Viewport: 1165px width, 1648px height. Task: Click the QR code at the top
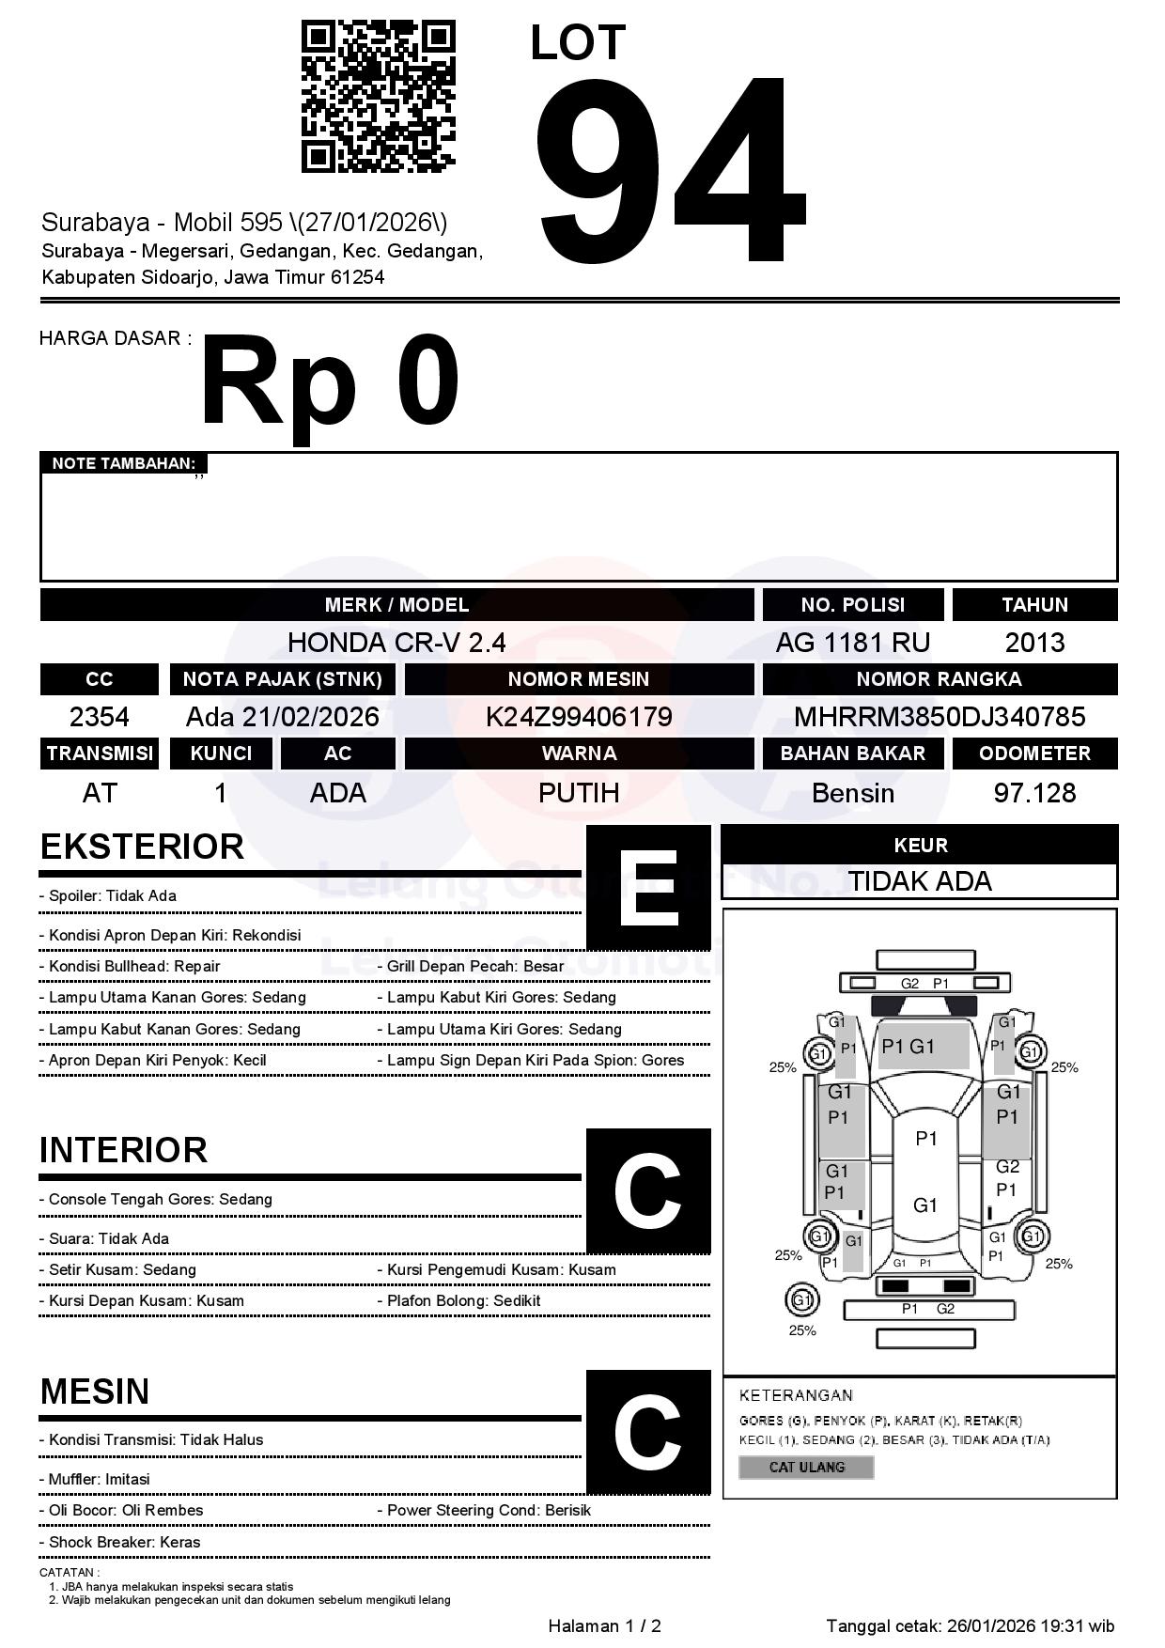click(378, 97)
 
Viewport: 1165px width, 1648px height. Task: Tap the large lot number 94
click(669, 169)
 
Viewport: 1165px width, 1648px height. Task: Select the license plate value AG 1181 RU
click(852, 643)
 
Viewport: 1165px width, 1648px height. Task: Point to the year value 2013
click(1034, 643)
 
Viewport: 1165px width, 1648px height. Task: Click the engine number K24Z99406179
click(579, 717)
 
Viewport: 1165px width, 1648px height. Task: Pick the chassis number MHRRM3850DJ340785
click(940, 717)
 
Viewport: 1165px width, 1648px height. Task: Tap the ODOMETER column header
click(1034, 754)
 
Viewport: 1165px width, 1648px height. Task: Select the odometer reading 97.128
click(1034, 793)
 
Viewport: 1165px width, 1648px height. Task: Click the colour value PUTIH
click(579, 793)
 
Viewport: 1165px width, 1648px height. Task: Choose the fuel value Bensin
click(852, 793)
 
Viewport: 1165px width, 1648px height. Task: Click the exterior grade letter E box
click(648, 888)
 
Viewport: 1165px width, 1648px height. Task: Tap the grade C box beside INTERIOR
click(648, 1190)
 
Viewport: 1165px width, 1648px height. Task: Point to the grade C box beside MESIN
click(648, 1432)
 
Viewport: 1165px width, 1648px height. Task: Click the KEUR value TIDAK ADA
click(920, 881)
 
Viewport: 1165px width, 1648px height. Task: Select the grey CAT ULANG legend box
click(806, 1467)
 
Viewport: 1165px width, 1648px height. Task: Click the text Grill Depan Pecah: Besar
click(475, 966)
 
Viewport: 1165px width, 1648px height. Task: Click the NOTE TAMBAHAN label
click(124, 463)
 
